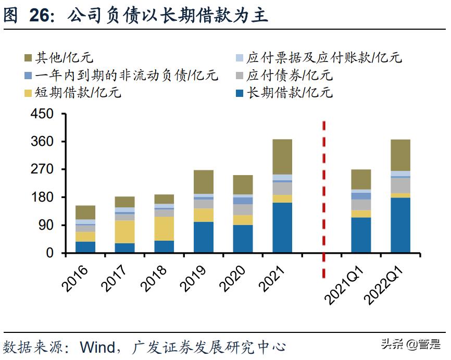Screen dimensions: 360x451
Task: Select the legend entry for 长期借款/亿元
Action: [x=289, y=93]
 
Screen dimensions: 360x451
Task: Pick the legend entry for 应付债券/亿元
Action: [x=289, y=76]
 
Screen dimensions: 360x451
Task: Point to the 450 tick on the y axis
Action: [x=43, y=114]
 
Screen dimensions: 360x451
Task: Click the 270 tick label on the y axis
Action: [x=43, y=170]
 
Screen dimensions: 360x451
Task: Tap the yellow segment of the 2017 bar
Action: [x=124, y=231]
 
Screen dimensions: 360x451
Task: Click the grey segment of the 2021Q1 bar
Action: [x=361, y=204]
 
